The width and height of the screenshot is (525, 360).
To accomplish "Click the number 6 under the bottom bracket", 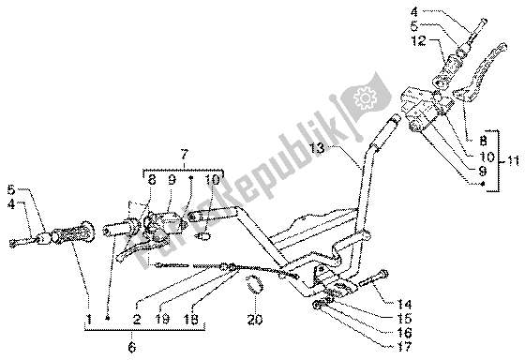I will (130, 348).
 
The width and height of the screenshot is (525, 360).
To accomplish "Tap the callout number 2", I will (137, 320).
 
